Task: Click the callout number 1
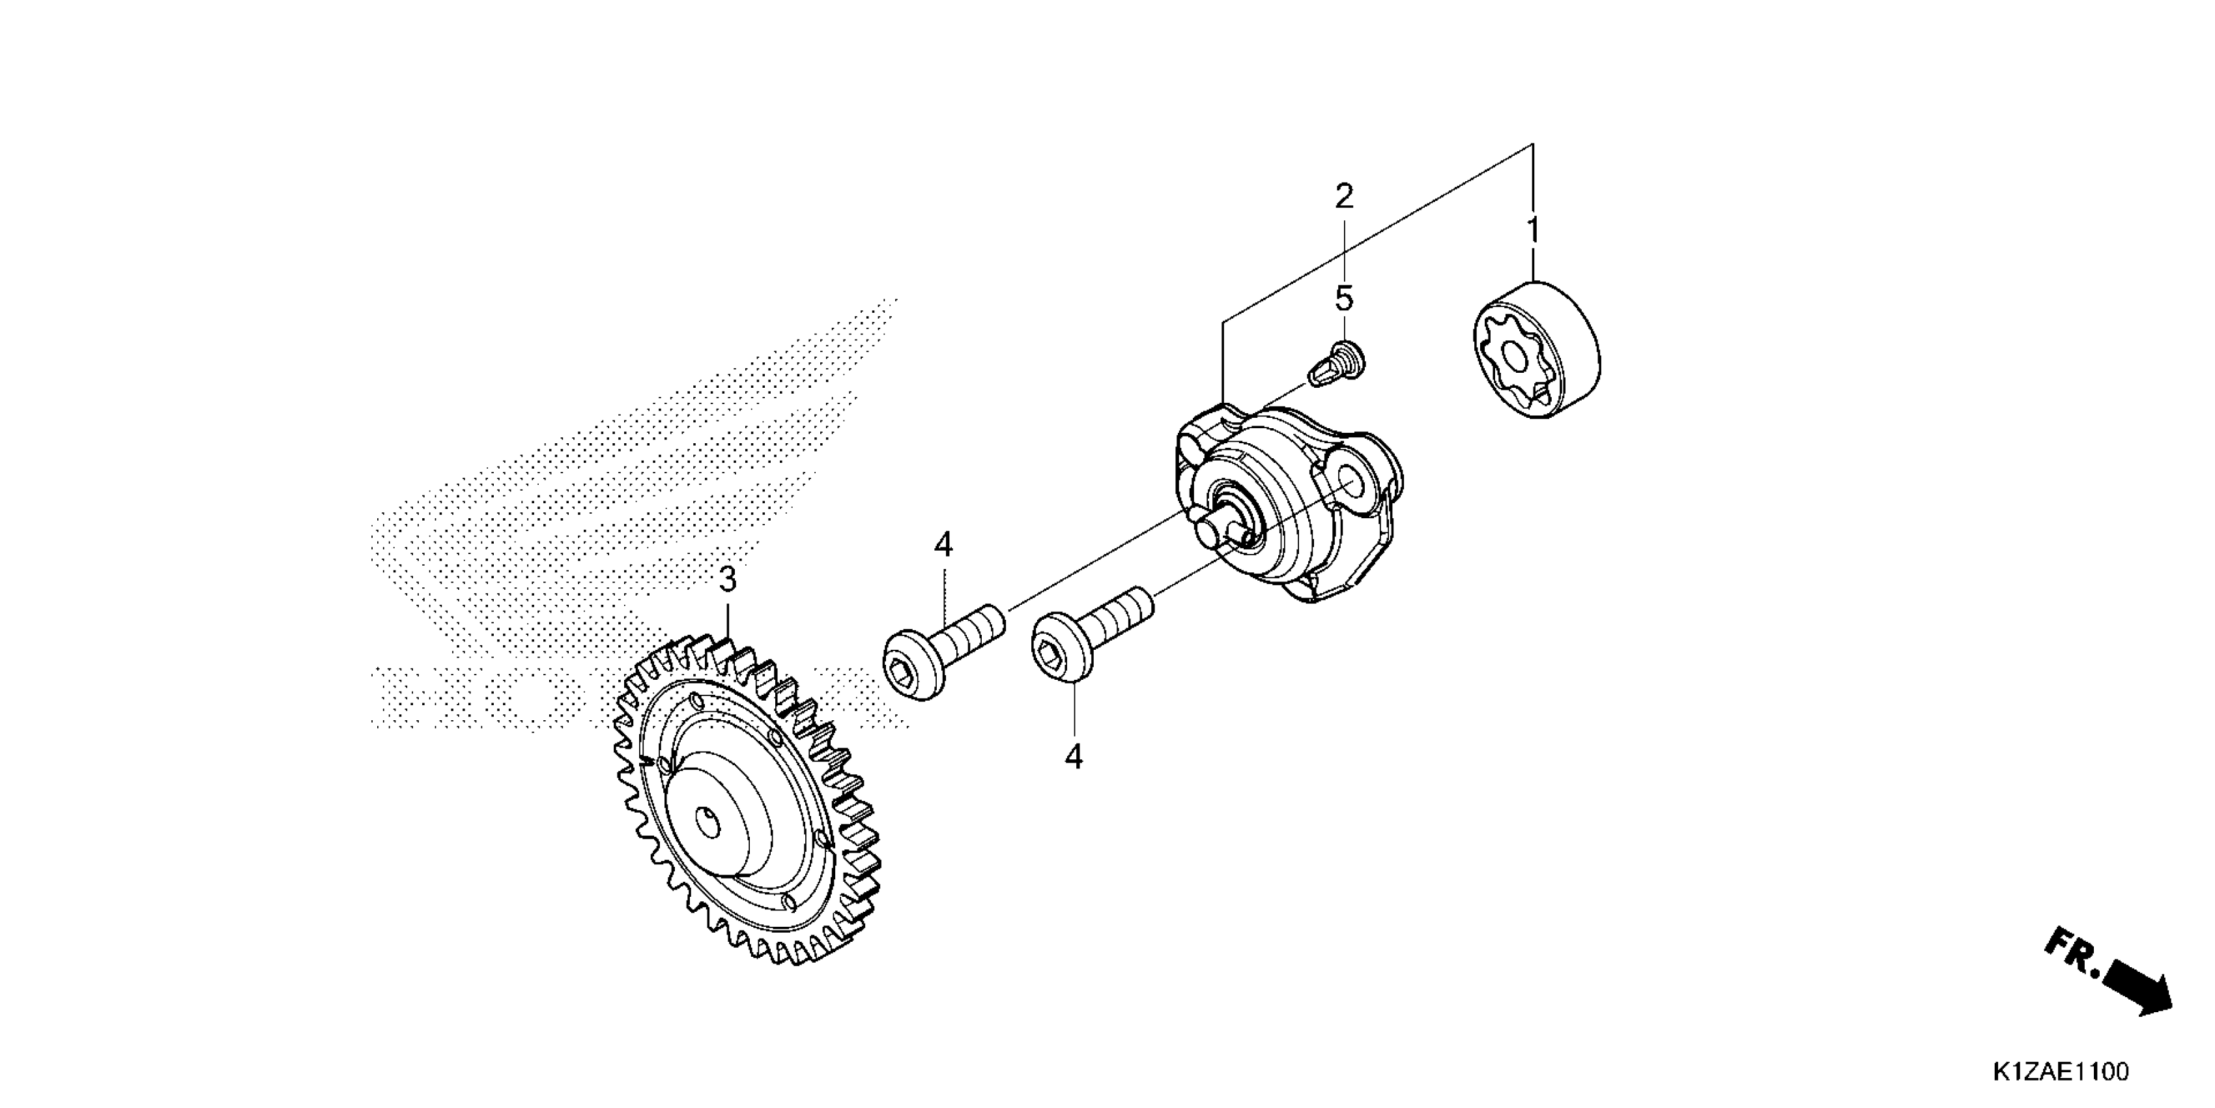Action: pos(1532,231)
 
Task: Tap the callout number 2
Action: pos(1344,197)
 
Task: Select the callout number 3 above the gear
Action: pos(728,580)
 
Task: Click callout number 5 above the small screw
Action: pos(1344,299)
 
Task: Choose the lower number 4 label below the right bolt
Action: pos(1073,757)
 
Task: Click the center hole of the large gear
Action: pos(707,824)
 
